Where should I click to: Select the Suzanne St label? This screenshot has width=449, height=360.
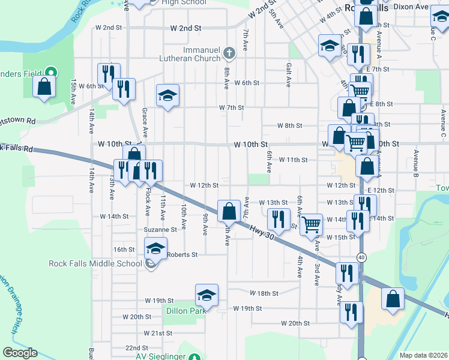pos(160,229)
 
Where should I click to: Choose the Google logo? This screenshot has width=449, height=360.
pos(20,353)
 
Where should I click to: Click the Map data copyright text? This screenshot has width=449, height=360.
pos(423,355)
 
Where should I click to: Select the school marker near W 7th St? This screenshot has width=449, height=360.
pos(168,95)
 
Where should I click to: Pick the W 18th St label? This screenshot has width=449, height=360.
pos(264,293)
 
